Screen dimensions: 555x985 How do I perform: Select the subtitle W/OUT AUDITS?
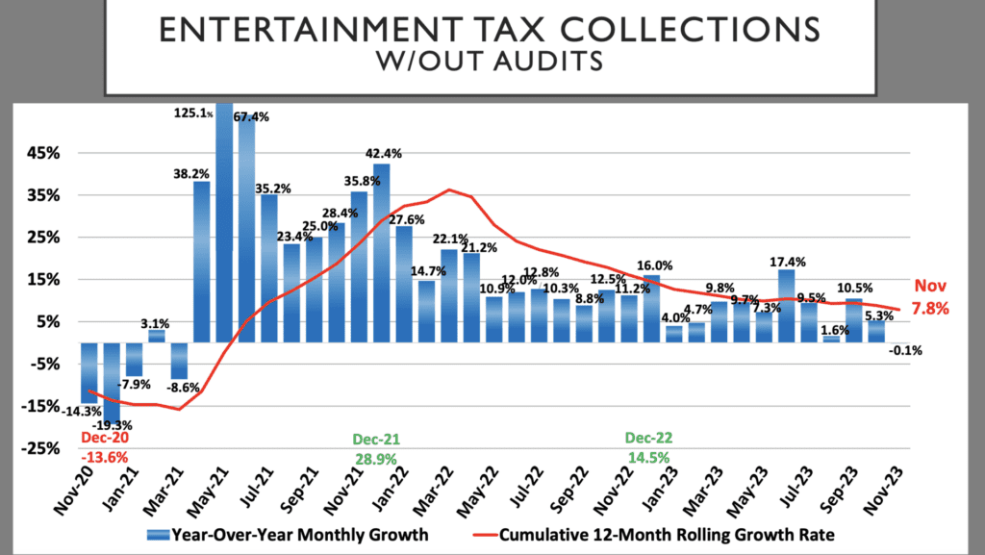(492, 63)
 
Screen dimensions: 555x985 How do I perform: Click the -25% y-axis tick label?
(43, 448)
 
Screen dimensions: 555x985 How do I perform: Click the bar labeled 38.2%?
(202, 261)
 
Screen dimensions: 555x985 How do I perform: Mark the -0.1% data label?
(905, 351)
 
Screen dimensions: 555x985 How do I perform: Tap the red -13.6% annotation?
(106, 456)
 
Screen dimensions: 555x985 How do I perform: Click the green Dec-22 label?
(651, 438)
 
